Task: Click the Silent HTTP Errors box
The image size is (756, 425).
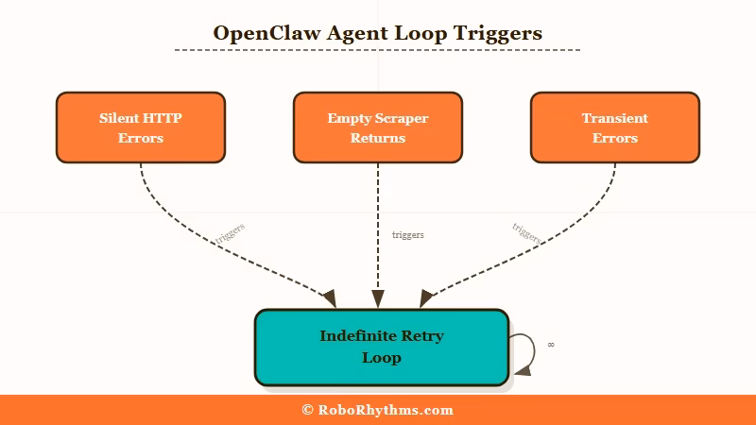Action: point(141,127)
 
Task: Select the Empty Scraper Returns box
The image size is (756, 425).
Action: point(377,127)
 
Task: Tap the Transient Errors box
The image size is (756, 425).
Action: point(614,127)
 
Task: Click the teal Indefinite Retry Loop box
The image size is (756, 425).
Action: point(381,347)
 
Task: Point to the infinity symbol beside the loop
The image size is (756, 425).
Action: point(551,345)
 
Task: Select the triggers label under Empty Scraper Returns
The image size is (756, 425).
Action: point(408,234)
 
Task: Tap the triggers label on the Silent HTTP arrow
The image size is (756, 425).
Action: point(231,233)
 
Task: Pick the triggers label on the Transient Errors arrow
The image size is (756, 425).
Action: point(525,233)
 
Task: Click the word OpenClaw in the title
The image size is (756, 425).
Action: point(254,33)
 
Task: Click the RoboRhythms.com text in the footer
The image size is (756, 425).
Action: point(386,410)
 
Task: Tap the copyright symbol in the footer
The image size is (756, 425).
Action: point(308,410)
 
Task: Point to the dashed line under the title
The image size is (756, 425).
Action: point(377,49)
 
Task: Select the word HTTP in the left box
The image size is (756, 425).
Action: point(163,119)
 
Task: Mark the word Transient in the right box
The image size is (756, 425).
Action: point(614,119)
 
